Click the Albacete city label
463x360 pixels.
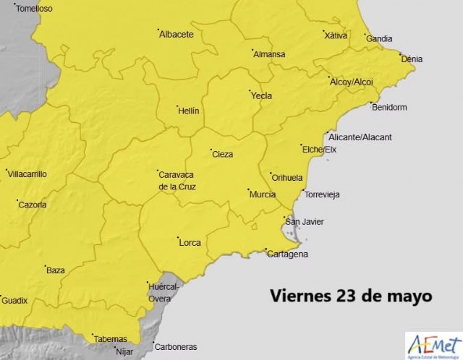[177, 34]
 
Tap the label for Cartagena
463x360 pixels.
[287, 254]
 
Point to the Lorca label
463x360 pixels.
[190, 243]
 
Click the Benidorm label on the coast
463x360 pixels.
[388, 108]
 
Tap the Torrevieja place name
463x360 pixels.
[323, 195]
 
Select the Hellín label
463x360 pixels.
[188, 111]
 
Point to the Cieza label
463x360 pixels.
[221, 154]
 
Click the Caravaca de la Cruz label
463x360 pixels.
[177, 180]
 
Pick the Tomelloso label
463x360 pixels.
[33, 9]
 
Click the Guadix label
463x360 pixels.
[14, 300]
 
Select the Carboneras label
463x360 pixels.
[176, 347]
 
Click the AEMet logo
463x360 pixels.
[433, 345]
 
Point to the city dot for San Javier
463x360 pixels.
[284, 216]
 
